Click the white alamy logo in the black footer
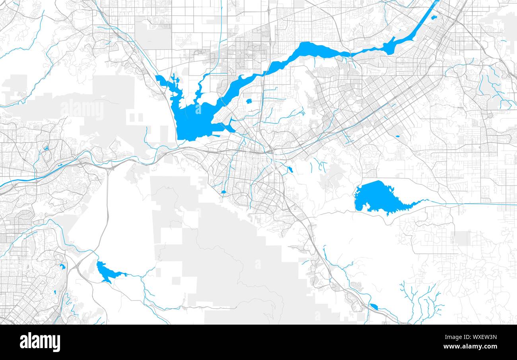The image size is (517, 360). click(40, 342)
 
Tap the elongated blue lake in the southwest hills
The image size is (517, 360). click(106, 272)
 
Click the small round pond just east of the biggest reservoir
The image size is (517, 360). click(249, 101)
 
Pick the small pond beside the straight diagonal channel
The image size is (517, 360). click(433, 17)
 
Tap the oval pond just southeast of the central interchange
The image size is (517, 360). click(290, 170)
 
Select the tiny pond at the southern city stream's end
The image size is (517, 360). click(224, 192)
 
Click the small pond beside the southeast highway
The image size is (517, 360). click(374, 306)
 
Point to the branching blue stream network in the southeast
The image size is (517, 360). click(422, 302)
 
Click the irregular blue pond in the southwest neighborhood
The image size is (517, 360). click(62, 267)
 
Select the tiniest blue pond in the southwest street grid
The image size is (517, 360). click(55, 293)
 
